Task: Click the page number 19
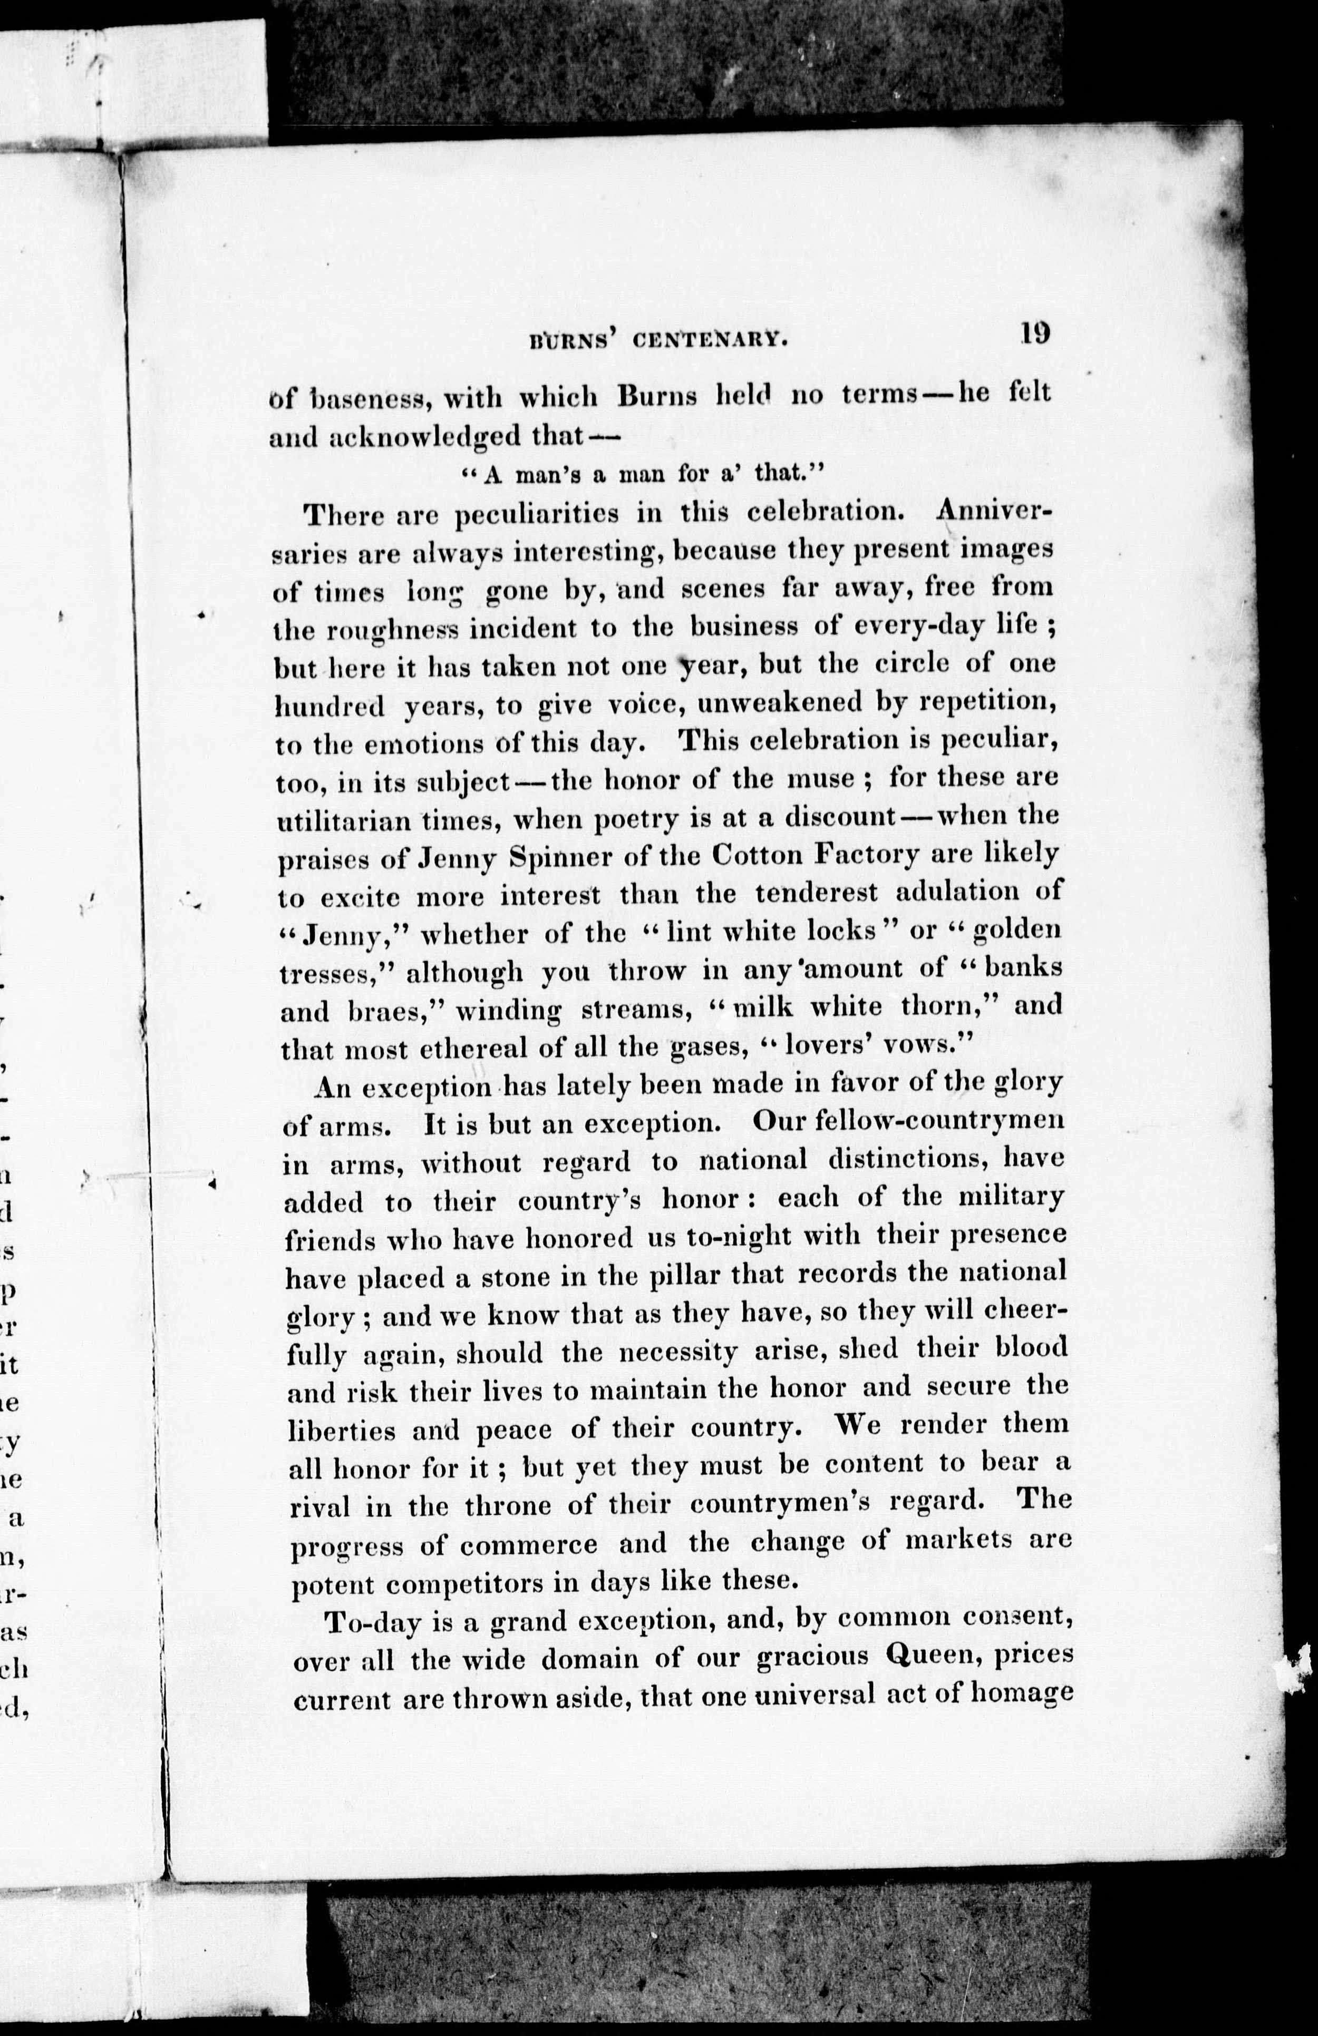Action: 1034,332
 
